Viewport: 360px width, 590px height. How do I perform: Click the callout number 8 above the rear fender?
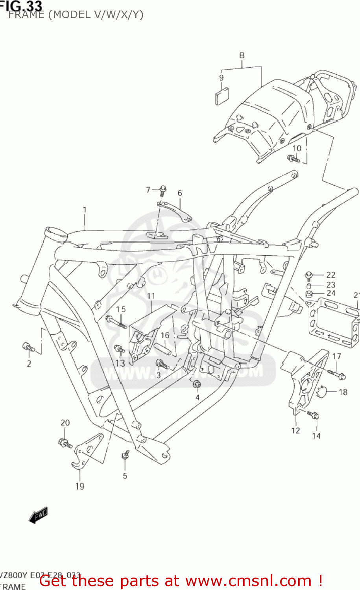tap(242, 55)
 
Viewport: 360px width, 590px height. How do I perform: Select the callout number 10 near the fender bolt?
tap(297, 148)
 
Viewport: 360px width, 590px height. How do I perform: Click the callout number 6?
tap(180, 193)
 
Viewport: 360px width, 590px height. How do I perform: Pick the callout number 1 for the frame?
tap(85, 210)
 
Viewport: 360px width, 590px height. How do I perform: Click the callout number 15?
tap(121, 310)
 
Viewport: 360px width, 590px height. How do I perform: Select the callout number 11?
tap(151, 296)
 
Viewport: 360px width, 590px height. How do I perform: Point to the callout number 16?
tap(165, 335)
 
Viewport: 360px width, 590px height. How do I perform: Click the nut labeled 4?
tap(197, 384)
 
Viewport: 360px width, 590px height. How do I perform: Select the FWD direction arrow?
tap(38, 515)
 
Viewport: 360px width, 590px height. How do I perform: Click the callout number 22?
tap(331, 275)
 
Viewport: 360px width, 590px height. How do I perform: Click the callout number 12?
tap(295, 431)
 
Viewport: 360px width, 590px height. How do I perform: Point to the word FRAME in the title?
tap(26, 15)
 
